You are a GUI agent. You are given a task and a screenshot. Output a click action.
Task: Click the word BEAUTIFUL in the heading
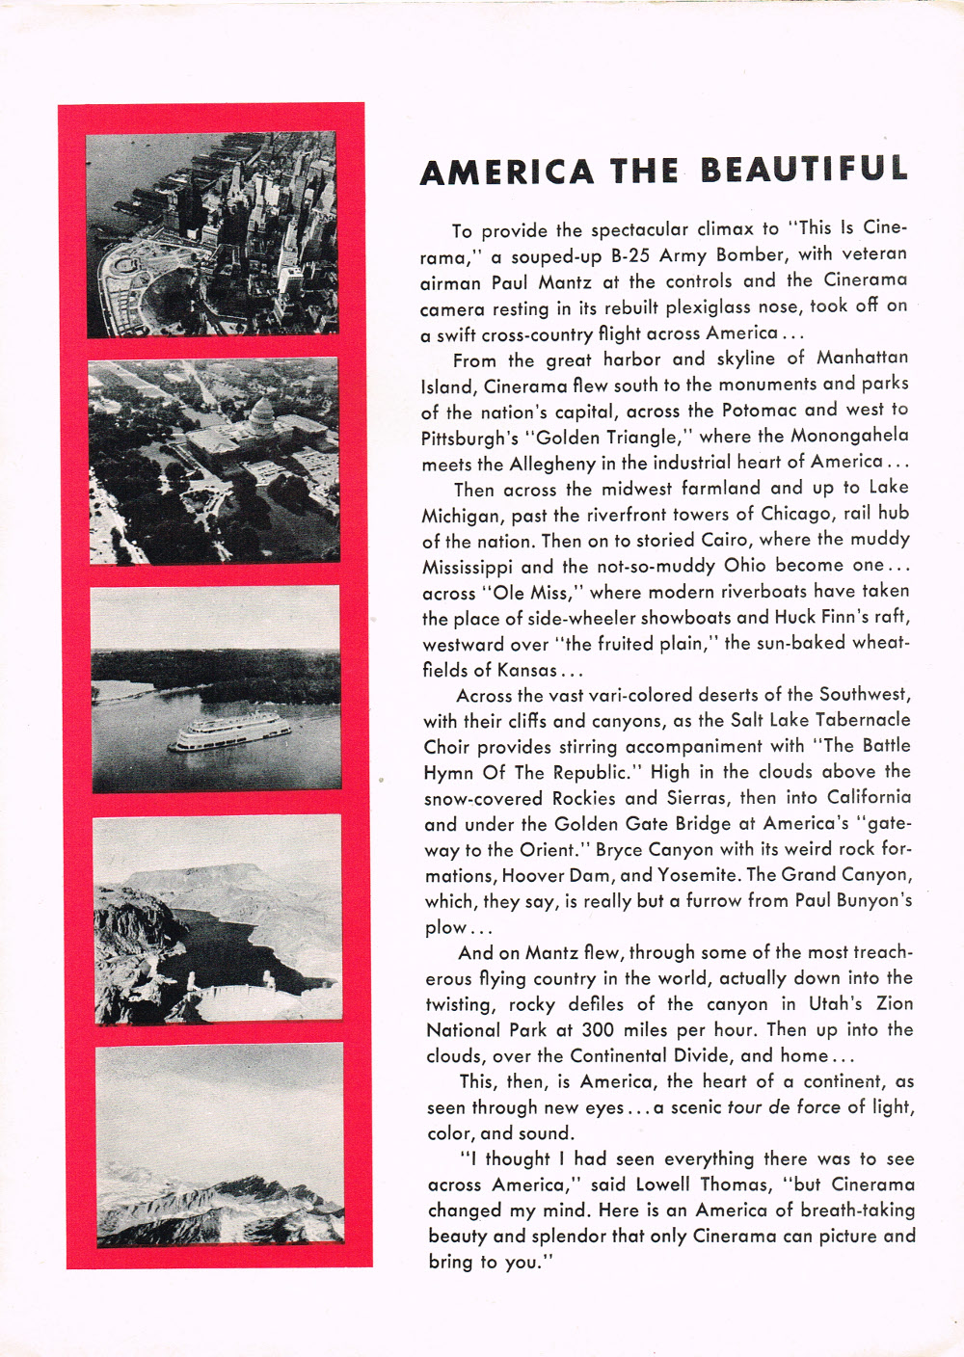(804, 171)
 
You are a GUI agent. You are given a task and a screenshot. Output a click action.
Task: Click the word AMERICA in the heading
(507, 173)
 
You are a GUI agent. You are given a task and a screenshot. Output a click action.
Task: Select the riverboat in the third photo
(229, 733)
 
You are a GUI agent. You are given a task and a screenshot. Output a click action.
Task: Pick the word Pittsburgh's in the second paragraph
(471, 439)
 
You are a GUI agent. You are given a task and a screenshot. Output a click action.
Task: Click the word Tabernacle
(863, 720)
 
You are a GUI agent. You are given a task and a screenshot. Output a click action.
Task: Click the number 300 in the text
(598, 1030)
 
